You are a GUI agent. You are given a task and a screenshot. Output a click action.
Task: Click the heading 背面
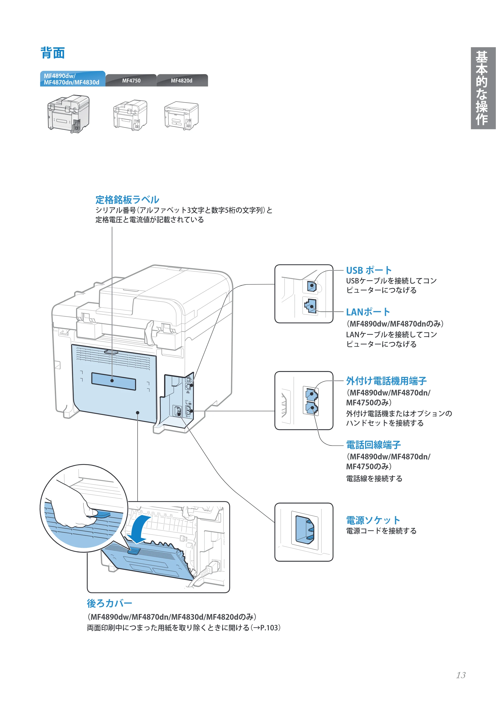tap(53, 53)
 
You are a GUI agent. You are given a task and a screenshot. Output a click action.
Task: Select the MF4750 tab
tap(131, 81)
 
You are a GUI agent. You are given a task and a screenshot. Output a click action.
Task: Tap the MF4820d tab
tap(182, 81)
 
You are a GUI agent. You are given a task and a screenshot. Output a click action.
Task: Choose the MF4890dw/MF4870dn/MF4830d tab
tap(73, 79)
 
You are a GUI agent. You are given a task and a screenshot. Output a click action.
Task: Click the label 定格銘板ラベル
tap(127, 200)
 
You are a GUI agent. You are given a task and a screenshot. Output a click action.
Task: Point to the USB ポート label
tap(369, 270)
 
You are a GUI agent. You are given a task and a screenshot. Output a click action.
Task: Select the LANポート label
tap(368, 312)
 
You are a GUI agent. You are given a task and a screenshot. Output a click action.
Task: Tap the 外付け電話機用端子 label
tap(386, 381)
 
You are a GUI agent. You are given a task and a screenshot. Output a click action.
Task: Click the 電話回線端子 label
tap(373, 445)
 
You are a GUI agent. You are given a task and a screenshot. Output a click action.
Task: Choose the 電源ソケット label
tap(373, 520)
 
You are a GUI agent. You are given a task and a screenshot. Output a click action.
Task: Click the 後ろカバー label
tap(109, 603)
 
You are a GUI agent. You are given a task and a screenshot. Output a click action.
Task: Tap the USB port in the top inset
tap(312, 286)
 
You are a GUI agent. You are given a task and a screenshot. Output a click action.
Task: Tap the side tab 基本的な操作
tap(483, 88)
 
